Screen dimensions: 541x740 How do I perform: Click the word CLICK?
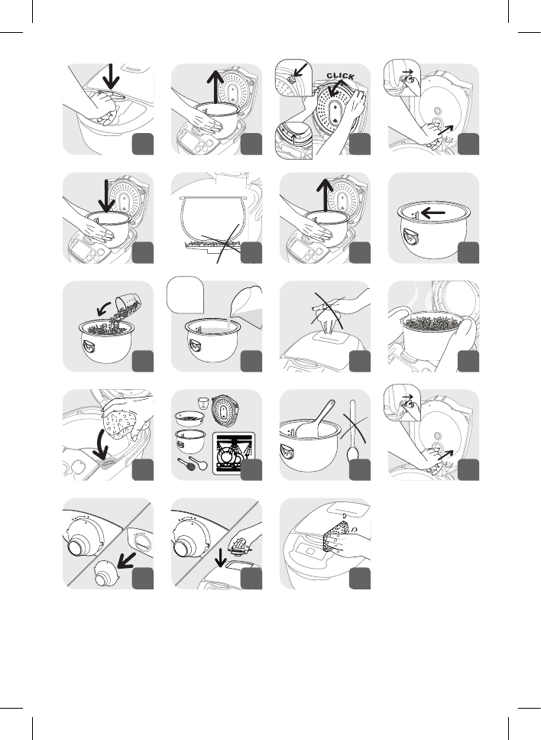pos(340,76)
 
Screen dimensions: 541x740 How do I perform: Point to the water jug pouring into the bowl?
pos(245,307)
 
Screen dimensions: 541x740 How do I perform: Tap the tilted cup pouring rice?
pos(130,302)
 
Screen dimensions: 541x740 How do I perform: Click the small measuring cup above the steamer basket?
pos(203,404)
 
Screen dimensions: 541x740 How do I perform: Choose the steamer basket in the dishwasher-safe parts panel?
pos(188,417)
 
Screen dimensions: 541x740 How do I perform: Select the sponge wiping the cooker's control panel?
pos(336,536)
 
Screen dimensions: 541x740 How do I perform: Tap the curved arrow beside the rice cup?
pos(104,309)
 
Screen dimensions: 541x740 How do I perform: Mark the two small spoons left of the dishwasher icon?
pos(193,464)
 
